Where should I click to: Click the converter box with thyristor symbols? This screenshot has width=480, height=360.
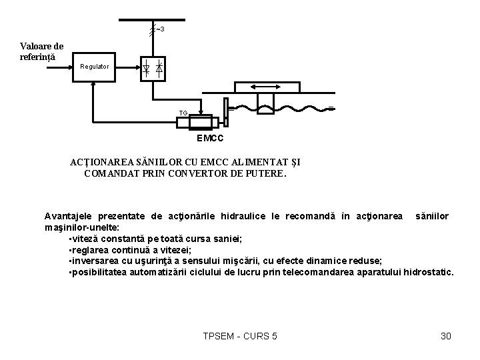152,67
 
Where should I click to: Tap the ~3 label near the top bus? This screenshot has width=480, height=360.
160,29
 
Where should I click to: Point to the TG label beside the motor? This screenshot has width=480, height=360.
183,113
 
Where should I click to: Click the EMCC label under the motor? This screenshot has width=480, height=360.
209,139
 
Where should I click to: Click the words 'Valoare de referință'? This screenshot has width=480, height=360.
41,51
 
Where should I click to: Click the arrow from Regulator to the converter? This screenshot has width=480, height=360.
127,67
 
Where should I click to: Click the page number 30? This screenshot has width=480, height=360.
446,336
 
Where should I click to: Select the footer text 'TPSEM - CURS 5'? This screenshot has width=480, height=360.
239,336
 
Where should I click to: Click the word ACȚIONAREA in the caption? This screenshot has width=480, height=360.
102,162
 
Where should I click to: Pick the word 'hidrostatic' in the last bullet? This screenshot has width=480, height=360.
426,273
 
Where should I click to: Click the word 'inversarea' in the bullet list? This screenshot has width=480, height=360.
94,261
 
